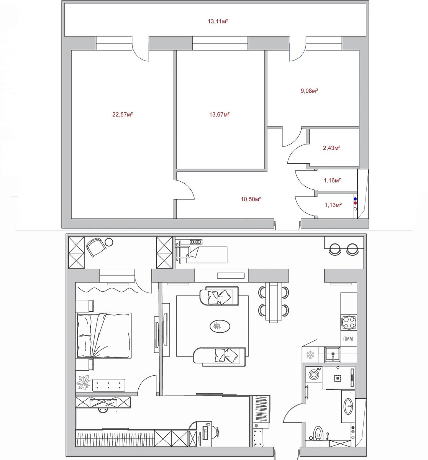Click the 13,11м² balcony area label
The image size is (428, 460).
(x=218, y=21)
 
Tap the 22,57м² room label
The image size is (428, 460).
(x=123, y=114)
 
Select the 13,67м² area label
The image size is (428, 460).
(x=220, y=114)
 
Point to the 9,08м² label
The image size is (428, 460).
(x=309, y=90)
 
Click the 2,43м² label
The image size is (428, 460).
(x=332, y=148)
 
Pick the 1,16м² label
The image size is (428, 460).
(x=332, y=180)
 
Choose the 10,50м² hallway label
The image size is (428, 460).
(x=251, y=199)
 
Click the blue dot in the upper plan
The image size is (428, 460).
(x=355, y=199)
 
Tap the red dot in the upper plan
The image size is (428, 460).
(x=355, y=203)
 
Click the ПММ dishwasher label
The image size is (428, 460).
(x=348, y=339)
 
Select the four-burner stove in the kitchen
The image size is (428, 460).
(x=349, y=322)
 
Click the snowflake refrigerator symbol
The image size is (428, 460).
(x=310, y=355)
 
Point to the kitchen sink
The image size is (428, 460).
(x=333, y=354)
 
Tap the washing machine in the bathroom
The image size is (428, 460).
(x=314, y=375)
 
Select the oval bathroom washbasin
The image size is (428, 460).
(x=348, y=406)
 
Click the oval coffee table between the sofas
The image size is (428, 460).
(x=220, y=326)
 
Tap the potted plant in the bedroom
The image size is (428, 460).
(x=83, y=382)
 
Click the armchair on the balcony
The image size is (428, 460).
(x=96, y=247)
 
